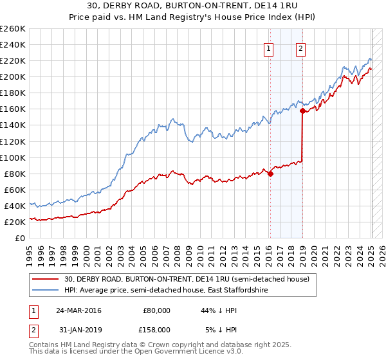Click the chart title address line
coord(193,6)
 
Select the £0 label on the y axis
coord(19,238)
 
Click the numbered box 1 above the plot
coord(268,47)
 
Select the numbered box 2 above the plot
coord(301,47)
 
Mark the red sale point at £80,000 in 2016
coord(270,173)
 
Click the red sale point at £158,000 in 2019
coord(302,111)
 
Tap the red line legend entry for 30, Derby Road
coord(187,279)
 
